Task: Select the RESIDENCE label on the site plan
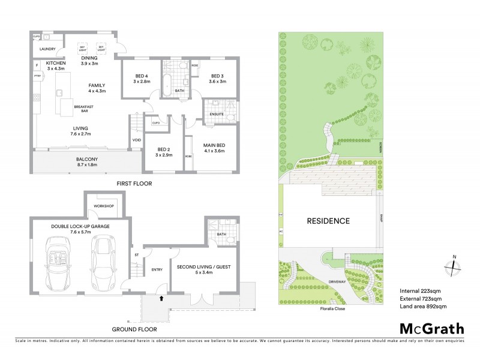pyautogui.click(x=328, y=221)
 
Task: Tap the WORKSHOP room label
pyautogui.click(x=103, y=206)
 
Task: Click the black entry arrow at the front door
pyautogui.click(x=161, y=296)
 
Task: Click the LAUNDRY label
pyautogui.click(x=47, y=49)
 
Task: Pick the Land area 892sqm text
pyautogui.click(x=423, y=307)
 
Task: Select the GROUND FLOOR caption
pyautogui.click(x=135, y=329)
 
